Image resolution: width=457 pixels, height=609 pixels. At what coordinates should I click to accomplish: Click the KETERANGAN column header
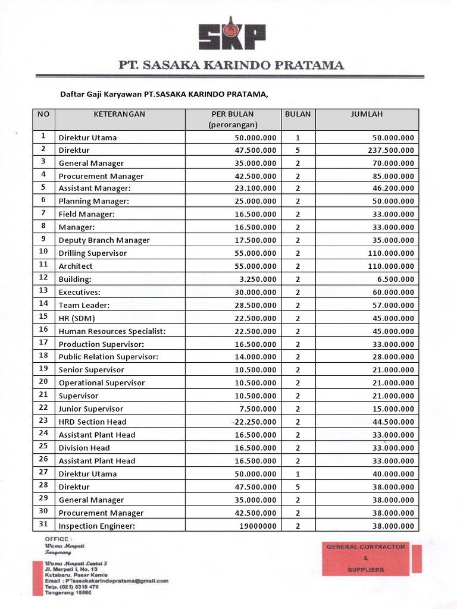point(119,114)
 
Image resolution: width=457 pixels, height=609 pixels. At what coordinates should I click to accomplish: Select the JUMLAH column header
point(367,114)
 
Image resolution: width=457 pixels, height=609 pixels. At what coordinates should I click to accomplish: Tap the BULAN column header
point(298,114)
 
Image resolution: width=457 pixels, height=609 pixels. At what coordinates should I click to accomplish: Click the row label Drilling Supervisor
point(92,253)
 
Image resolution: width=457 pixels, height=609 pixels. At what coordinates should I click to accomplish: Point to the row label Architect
point(76,266)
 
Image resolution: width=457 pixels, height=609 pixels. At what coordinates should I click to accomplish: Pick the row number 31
point(43,525)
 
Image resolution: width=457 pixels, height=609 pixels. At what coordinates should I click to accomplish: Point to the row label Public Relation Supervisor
point(108,357)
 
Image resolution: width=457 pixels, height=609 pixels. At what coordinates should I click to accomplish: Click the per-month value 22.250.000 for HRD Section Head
point(253,422)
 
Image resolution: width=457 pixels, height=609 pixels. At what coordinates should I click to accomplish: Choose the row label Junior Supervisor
point(90,409)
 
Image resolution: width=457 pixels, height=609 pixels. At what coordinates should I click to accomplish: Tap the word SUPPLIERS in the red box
point(366,569)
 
